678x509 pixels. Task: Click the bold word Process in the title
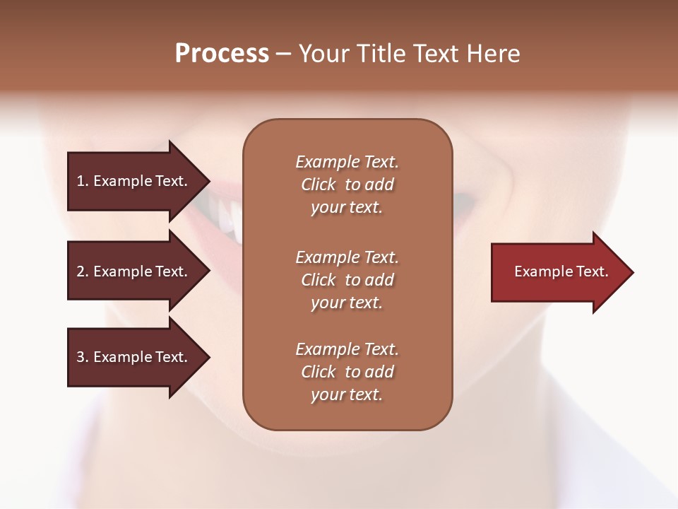[222, 54]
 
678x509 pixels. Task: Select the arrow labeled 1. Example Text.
[134, 181]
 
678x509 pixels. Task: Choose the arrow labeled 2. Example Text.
[134, 271]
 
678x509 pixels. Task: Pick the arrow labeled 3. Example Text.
[134, 357]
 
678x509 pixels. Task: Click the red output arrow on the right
[558, 271]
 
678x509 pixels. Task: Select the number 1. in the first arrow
[82, 181]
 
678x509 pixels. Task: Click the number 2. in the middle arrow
[82, 271]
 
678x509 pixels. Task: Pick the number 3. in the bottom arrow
[82, 357]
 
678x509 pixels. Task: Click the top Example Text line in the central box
[347, 162]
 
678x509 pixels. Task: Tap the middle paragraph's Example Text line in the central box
[347, 257]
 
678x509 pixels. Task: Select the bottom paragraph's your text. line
[347, 394]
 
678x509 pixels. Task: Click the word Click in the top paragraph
[319, 185]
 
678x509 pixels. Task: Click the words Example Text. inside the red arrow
[561, 271]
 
